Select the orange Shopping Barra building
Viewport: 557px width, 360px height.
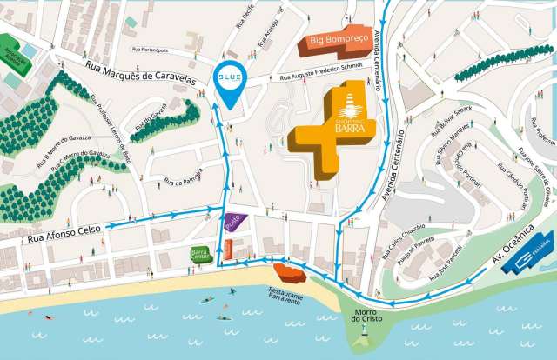[x=334, y=131]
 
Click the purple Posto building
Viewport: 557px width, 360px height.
[x=233, y=222]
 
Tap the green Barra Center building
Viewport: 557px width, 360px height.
[x=199, y=255]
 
